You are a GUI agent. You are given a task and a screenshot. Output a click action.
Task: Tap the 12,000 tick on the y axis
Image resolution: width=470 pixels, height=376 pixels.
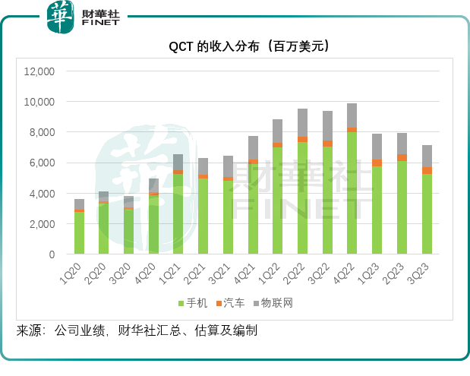pyautogui.click(x=40, y=71)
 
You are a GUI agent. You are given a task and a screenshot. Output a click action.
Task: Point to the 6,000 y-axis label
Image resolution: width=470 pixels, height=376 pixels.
pyautogui.click(x=43, y=163)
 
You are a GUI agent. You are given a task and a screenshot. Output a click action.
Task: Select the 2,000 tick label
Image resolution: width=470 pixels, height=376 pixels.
pyautogui.click(x=43, y=224)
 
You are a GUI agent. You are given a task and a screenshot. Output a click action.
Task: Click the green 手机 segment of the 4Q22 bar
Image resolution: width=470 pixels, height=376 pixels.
pyautogui.click(x=352, y=194)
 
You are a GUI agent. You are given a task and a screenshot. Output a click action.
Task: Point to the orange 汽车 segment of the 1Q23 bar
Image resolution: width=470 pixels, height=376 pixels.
pyautogui.click(x=377, y=163)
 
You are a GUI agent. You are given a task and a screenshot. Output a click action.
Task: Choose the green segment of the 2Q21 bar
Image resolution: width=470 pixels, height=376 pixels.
pyautogui.click(x=203, y=216)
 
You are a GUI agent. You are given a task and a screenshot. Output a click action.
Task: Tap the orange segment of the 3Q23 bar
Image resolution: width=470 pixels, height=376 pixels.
pyautogui.click(x=427, y=170)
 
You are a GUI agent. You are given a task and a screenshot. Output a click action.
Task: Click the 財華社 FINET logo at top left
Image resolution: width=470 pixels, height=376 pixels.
pyautogui.click(x=83, y=17)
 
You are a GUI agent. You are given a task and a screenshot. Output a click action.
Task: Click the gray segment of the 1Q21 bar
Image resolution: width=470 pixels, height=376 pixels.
pyautogui.click(x=178, y=162)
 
